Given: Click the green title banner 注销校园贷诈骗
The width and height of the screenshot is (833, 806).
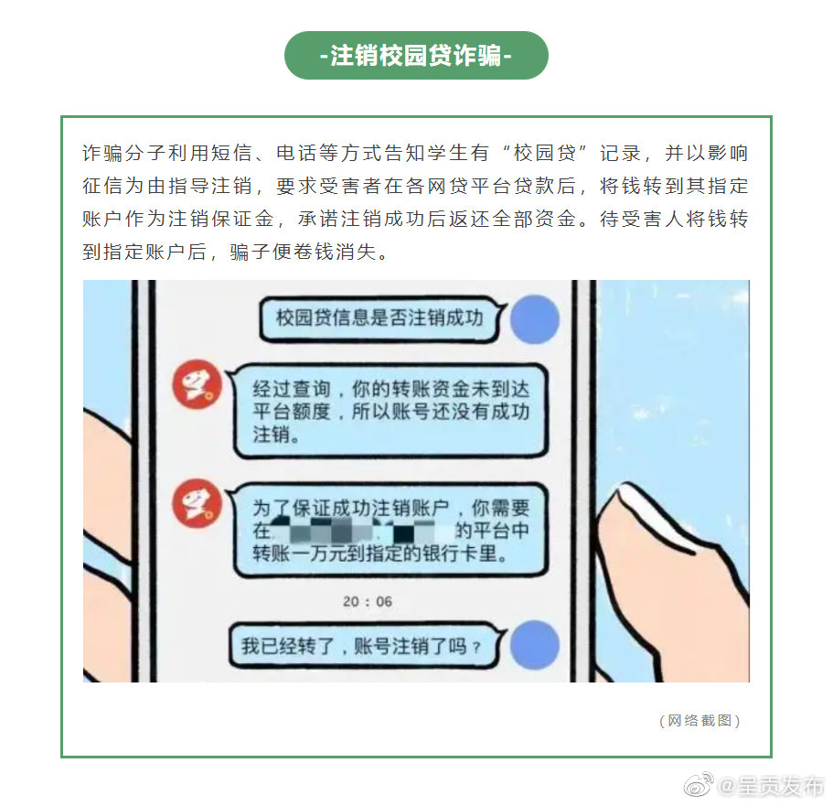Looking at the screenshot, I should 416,56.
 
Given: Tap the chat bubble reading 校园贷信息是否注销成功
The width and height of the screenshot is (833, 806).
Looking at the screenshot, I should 379,318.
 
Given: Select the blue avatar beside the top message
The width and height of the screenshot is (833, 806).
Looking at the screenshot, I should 534,318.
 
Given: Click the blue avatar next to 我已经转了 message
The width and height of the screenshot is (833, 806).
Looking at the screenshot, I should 534,645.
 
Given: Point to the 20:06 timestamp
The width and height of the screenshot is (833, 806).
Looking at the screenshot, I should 368,601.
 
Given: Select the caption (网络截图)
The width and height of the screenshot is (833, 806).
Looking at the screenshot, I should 700,721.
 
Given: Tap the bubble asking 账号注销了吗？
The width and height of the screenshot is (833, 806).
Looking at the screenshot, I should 360,647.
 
